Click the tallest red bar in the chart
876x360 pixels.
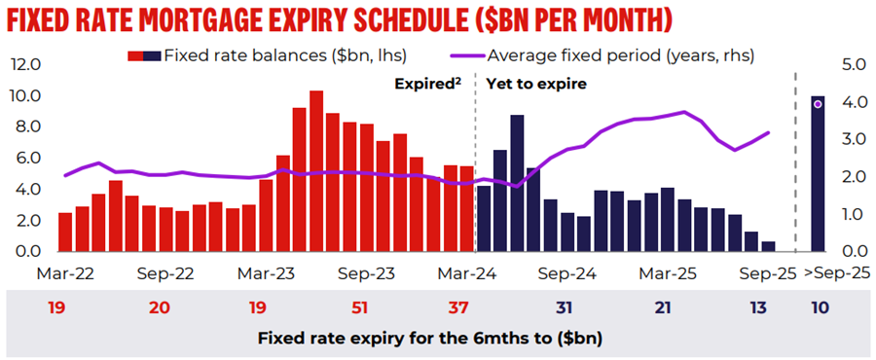pyautogui.click(x=316, y=171)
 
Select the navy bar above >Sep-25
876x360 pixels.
pyautogui.click(x=818, y=173)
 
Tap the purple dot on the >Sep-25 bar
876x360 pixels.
pyautogui.click(x=818, y=104)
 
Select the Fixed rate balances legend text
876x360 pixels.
pyautogui.click(x=285, y=55)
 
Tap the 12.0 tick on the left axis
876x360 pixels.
pyautogui.click(x=25, y=64)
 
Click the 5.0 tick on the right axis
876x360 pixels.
pyautogui.click(x=853, y=65)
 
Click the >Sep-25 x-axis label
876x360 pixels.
pyautogui.click(x=837, y=273)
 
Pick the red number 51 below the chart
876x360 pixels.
pyautogui.click(x=360, y=307)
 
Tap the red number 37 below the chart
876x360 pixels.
pyautogui.click(x=459, y=307)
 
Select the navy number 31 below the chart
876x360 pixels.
pyautogui.click(x=565, y=307)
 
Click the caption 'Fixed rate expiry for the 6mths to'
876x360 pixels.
pyautogui.click(x=410, y=339)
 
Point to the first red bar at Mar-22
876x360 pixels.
pyautogui.click(x=65, y=233)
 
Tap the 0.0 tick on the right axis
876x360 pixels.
pyautogui.click(x=853, y=251)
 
